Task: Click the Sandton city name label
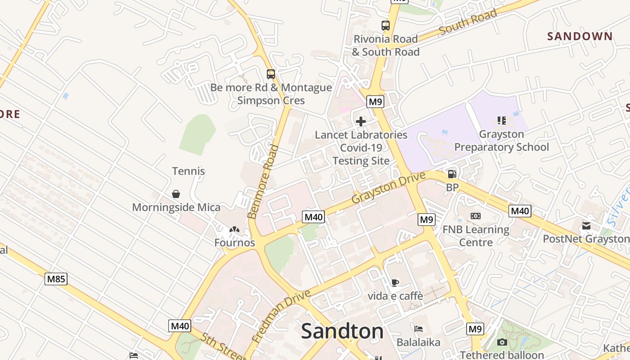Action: point(342,332)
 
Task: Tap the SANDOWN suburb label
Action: point(580,36)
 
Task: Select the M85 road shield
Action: point(56,279)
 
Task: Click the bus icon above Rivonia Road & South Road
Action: point(385,25)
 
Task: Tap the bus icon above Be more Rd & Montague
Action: point(270,74)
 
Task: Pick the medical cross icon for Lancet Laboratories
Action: point(361,121)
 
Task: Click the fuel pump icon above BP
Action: point(452,174)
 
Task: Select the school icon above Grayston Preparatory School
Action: point(502,120)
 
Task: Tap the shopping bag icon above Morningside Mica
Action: point(176,194)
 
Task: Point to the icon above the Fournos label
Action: point(234,229)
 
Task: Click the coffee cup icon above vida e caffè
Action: point(395,283)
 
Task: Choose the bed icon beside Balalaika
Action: point(418,329)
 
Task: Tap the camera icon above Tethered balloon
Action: point(502,342)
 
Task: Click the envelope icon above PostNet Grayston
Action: point(586,225)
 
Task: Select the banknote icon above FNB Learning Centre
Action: point(476,216)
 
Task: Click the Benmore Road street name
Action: point(261,182)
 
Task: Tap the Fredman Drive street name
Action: point(282,316)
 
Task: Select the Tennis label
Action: point(189,171)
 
